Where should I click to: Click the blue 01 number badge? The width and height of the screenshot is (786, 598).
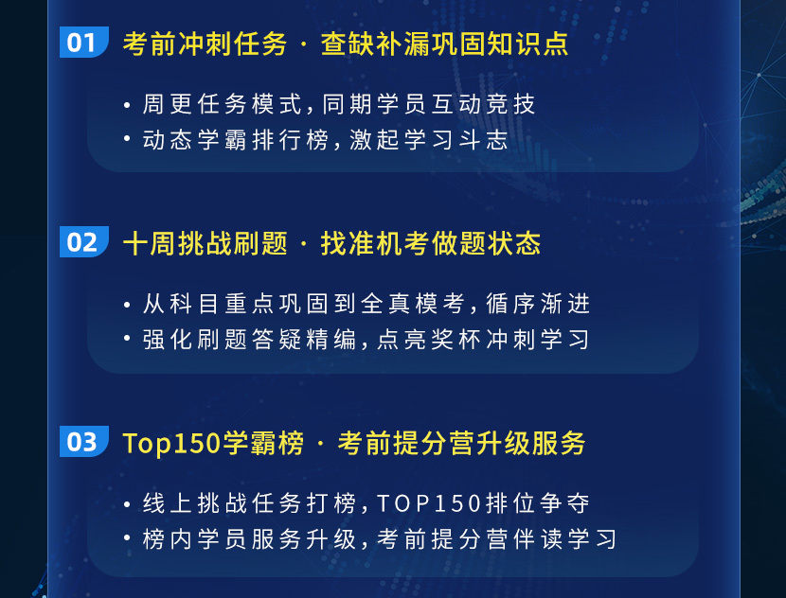click(83, 42)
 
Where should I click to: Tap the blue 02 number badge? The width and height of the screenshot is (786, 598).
click(83, 241)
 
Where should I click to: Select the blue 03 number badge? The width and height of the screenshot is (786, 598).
click(83, 441)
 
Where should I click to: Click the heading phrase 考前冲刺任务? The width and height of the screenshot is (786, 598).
click(205, 44)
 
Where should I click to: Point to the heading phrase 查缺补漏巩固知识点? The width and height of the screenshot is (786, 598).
click(445, 44)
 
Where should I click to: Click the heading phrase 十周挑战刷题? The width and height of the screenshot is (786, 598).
click(205, 243)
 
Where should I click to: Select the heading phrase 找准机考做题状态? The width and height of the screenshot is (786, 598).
click(431, 243)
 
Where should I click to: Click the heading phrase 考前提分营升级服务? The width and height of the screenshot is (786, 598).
click(461, 443)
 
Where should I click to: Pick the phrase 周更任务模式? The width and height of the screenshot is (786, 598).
click(222, 104)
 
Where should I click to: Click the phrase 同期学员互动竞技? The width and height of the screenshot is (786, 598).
click(429, 104)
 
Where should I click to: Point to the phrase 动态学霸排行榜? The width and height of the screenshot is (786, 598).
click(236, 140)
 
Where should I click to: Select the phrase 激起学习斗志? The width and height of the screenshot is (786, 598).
click(429, 140)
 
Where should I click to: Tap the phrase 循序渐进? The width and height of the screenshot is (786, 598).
click(538, 304)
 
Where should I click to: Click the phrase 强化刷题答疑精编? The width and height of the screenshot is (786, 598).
click(249, 340)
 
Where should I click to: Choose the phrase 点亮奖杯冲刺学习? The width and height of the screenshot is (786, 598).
click(483, 340)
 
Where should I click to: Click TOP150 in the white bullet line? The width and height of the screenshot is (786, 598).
click(429, 503)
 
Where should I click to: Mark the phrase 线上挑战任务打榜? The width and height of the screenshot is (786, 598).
click(249, 503)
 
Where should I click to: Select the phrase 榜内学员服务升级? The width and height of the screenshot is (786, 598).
click(249, 539)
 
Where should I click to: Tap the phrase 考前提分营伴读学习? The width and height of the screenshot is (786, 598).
click(497, 539)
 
